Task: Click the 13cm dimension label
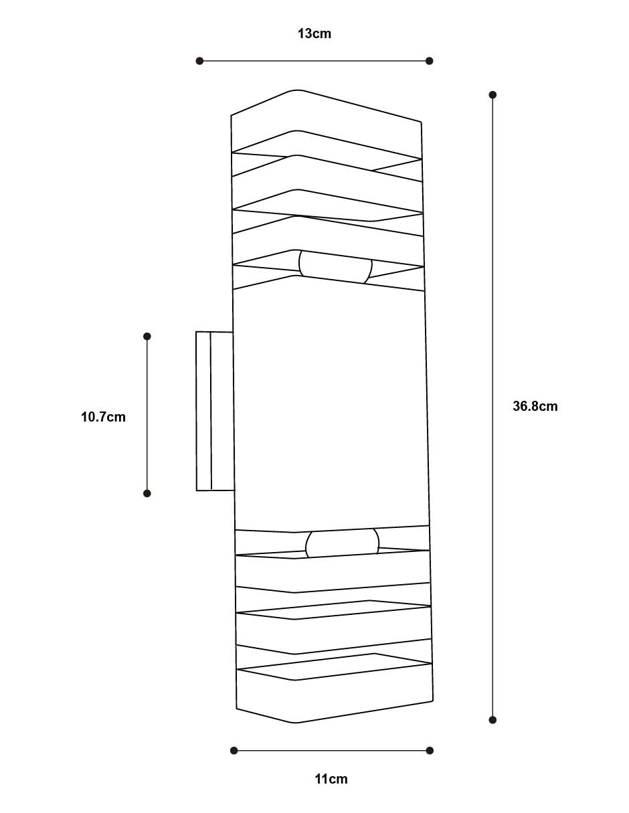[x=314, y=33]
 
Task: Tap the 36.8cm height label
[x=535, y=406]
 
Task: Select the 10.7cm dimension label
[x=103, y=417]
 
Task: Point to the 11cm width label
[x=331, y=779]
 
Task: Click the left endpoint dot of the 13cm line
[x=199, y=61]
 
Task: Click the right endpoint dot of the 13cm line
[x=430, y=61]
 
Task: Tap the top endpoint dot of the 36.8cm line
[x=493, y=94]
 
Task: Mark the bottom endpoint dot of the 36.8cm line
[x=493, y=719]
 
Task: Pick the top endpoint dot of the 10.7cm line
[x=147, y=337]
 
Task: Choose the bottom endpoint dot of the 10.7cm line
[x=147, y=493]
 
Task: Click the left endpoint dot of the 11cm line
[x=234, y=750]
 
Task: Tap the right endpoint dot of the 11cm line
[x=430, y=750]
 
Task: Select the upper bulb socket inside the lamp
[x=335, y=267]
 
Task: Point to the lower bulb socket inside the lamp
[x=342, y=543]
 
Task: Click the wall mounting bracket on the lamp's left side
[x=215, y=411]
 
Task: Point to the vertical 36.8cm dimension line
[x=493, y=407]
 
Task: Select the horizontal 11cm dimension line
[x=332, y=750]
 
